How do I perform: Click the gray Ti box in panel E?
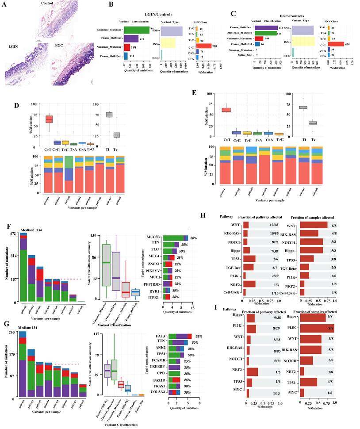[x=303, y=107]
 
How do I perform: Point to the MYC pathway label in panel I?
[x=238, y=392]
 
